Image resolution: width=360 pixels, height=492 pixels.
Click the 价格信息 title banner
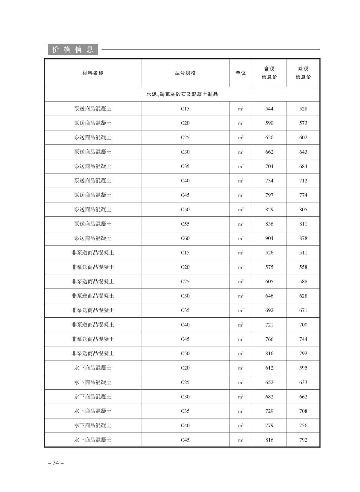[x=73, y=49]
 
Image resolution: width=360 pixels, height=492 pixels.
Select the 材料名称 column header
[x=93, y=73]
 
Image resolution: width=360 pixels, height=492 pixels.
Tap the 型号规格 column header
[x=185, y=73]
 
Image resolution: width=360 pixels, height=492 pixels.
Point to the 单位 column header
[x=241, y=73]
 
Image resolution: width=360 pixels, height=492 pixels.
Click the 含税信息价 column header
[x=269, y=73]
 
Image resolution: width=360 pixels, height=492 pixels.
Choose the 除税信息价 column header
[x=303, y=73]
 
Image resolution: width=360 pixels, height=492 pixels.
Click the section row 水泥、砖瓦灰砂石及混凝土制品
[x=182, y=94]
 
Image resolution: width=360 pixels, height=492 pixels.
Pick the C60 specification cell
[x=185, y=238]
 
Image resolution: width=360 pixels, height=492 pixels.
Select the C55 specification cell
[x=185, y=224]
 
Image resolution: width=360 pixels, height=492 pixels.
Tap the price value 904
[x=269, y=238]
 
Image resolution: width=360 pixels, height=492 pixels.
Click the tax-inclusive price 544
[x=269, y=109]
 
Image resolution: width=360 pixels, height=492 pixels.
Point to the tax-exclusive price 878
[x=303, y=238]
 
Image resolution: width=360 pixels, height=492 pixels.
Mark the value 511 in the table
[x=303, y=253]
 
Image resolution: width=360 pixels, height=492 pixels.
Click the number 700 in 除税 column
[x=303, y=325]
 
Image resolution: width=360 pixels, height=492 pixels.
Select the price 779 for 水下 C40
[x=269, y=426]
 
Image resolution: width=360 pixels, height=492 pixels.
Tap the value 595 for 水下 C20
[x=303, y=368]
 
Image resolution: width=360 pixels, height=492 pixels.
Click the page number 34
[x=56, y=463]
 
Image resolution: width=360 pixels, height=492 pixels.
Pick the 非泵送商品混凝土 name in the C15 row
[x=93, y=253]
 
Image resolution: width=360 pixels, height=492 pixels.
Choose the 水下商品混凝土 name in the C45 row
[x=93, y=440]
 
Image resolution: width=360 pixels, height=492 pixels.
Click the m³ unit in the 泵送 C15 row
[x=241, y=109]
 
